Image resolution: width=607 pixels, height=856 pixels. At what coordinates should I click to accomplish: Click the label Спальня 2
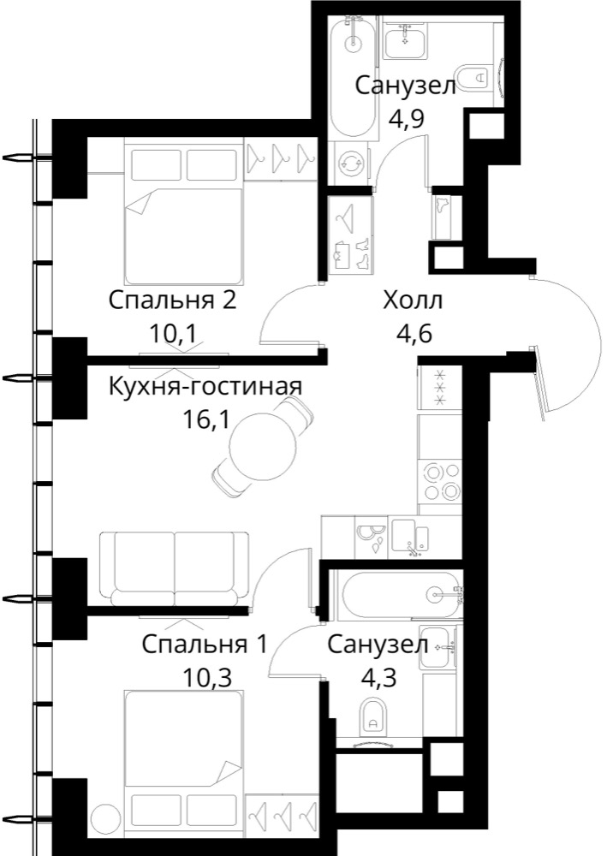(x=172, y=300)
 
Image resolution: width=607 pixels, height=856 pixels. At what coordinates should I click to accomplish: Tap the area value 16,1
(x=207, y=420)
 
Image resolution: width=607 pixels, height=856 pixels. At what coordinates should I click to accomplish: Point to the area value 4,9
(x=406, y=118)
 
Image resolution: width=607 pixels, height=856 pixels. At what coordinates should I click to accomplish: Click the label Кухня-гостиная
(x=205, y=387)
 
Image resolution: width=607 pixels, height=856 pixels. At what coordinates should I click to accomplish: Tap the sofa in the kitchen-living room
(x=174, y=568)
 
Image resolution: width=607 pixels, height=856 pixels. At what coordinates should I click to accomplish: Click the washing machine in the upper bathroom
(x=349, y=162)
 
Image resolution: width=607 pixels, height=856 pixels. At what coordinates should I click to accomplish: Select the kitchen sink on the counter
(x=410, y=537)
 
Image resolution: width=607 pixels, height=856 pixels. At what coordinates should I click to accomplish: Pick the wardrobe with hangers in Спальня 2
(x=281, y=159)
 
